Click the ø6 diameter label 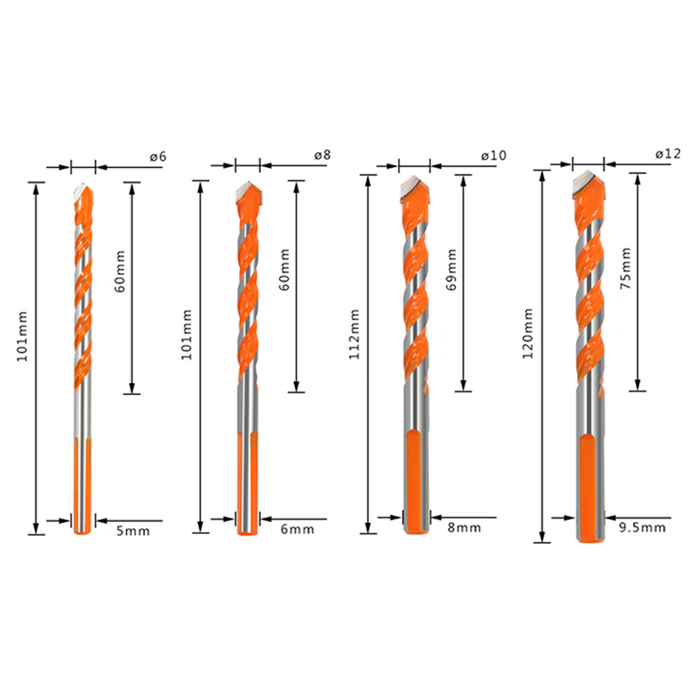pyautogui.click(x=158, y=157)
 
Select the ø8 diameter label pyautogui.click(x=322, y=156)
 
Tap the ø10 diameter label pyautogui.click(x=493, y=156)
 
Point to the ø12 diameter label pyautogui.click(x=667, y=154)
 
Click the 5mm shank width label pyautogui.click(x=133, y=531)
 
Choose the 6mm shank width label pyautogui.click(x=298, y=529)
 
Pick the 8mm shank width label pyautogui.click(x=465, y=528)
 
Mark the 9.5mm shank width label pyautogui.click(x=642, y=527)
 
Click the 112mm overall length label pyautogui.click(x=354, y=334)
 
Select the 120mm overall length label pyautogui.click(x=528, y=333)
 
